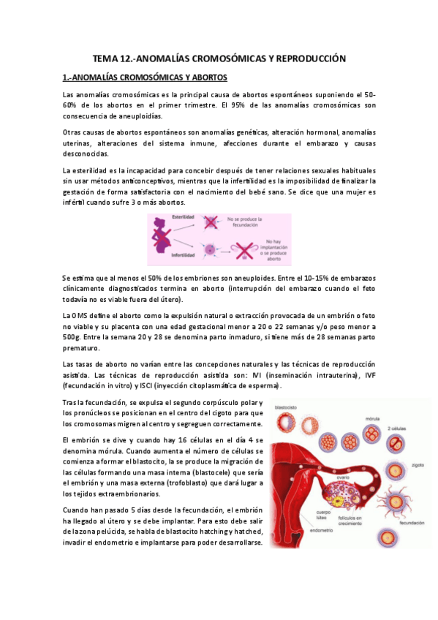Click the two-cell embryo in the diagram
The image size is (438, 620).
[x=386, y=443]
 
